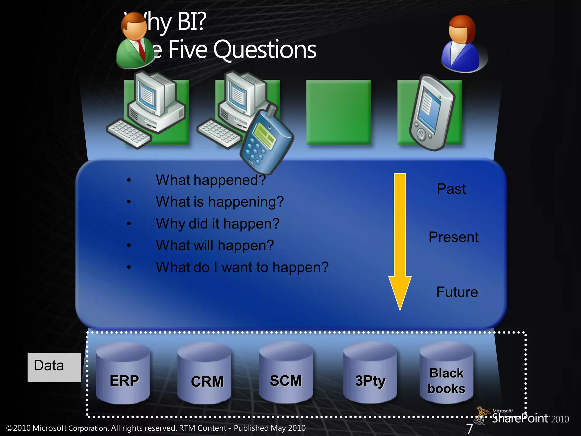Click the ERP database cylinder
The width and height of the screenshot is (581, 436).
pyautogui.click(x=123, y=373)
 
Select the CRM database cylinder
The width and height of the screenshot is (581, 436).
pyautogui.click(x=204, y=373)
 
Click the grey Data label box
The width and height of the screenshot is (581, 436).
pyautogui.click(x=54, y=367)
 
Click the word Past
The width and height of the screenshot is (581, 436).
pyautogui.click(x=451, y=189)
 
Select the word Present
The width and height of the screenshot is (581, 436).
pyautogui.click(x=453, y=237)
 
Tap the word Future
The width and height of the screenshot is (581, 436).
pyautogui.click(x=457, y=292)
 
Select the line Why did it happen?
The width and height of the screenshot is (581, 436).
pyautogui.click(x=218, y=224)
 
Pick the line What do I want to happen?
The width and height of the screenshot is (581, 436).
pyautogui.click(x=242, y=267)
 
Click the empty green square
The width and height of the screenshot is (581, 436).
pyautogui.click(x=338, y=112)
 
